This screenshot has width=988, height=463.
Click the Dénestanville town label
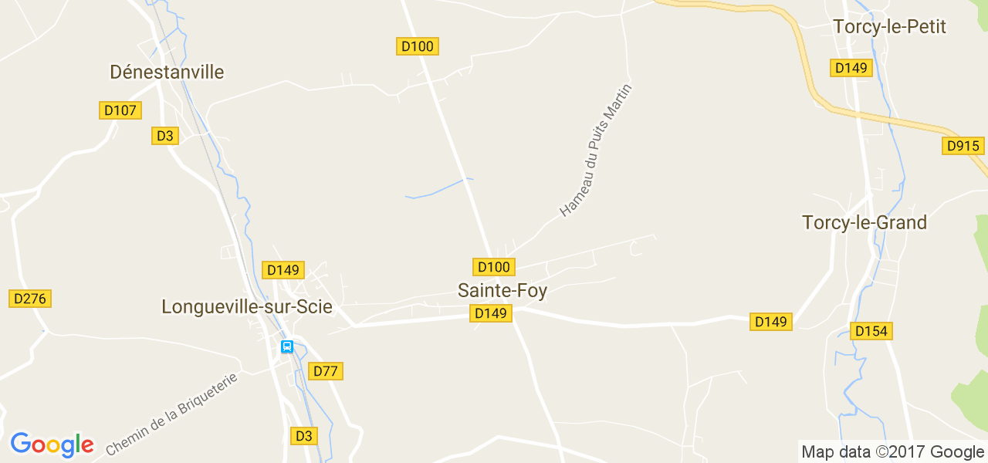coord(167,72)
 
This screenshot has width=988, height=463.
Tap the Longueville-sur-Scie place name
coord(247,306)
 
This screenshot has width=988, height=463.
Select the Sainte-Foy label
coord(502,291)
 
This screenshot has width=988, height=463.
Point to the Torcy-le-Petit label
coord(889,27)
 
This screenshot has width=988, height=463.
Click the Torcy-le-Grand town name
coord(864,223)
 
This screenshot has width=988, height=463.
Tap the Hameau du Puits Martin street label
coord(596,150)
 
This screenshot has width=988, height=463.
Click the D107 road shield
coord(120,110)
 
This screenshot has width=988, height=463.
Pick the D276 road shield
coord(30,299)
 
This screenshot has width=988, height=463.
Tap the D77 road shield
coord(326,371)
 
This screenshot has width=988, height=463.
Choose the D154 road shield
coord(871,331)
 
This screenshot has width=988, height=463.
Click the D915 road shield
coord(963,146)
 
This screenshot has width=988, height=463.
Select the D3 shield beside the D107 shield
coord(165,136)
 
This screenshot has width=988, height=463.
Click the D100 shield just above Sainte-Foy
coord(494,267)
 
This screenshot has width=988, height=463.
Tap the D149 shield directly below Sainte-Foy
coord(491,313)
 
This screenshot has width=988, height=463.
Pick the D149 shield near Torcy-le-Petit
coord(851,68)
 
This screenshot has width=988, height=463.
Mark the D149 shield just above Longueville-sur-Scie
coord(283,270)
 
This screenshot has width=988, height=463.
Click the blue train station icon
coord(287,347)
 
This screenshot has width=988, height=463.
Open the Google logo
coord(52,444)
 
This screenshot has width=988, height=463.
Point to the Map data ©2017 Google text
coord(892,452)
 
